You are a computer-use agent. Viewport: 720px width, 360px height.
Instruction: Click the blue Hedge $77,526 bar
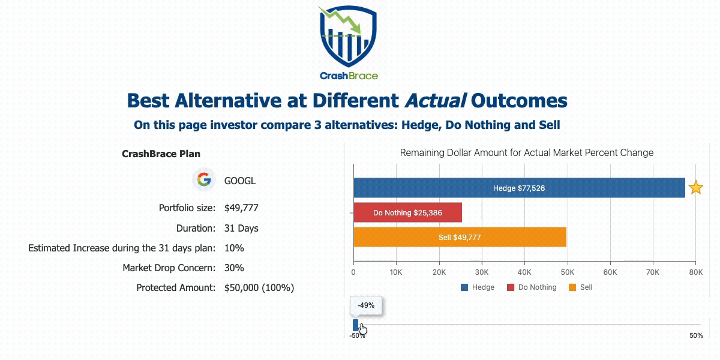[519, 188]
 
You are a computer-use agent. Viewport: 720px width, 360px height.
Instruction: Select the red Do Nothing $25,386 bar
[407, 212]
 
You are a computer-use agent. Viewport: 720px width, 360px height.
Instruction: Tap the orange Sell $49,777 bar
[460, 237]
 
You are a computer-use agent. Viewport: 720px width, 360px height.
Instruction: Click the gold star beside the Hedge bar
[696, 187]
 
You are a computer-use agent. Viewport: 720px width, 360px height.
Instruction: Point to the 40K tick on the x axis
[524, 272]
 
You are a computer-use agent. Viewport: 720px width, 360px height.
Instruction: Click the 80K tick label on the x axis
[695, 272]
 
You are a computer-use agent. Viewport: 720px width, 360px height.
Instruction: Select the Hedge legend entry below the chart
[478, 287]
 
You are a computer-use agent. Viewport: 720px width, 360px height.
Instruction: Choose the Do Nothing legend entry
[532, 287]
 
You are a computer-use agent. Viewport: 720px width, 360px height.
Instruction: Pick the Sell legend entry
[581, 287]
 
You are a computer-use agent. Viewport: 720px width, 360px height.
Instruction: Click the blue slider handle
[355, 325]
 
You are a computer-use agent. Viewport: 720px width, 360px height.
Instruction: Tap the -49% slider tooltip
[366, 305]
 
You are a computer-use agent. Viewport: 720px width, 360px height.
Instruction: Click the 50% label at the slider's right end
[696, 335]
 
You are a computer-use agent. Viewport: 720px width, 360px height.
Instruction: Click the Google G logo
[204, 179]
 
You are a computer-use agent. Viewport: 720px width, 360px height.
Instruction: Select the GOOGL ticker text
[240, 181]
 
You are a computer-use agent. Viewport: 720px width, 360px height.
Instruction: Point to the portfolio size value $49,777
[241, 208]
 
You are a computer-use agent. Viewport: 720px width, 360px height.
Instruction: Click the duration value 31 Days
[241, 228]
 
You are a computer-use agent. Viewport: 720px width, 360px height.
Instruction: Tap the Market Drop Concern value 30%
[234, 268]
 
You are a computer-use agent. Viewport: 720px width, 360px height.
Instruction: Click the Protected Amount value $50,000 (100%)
[259, 287]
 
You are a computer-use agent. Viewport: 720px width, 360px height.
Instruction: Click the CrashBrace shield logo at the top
[349, 36]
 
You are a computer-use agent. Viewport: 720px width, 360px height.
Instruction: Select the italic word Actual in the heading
[435, 101]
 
